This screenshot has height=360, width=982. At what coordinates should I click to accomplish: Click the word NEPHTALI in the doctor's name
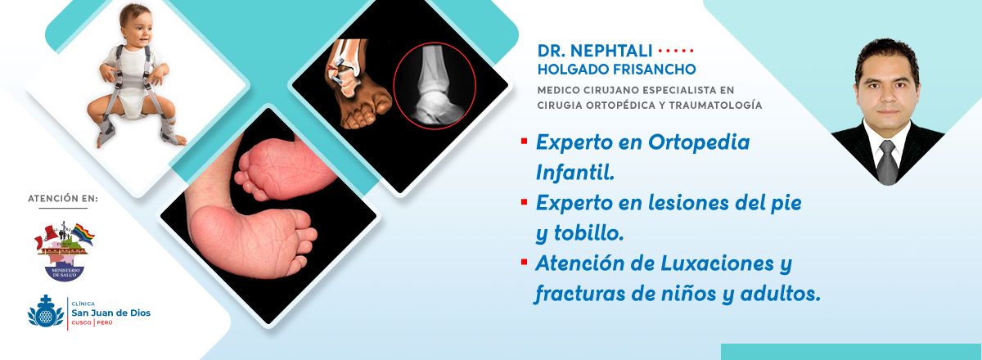click(611, 51)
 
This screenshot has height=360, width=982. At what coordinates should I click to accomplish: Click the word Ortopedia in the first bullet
click(699, 142)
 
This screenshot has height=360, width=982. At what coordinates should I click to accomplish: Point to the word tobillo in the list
click(588, 233)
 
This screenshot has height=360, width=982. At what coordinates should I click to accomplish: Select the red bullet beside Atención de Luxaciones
click(524, 262)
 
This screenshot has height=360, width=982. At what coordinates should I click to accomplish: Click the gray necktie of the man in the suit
click(888, 162)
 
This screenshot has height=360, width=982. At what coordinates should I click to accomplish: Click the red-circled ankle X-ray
click(435, 86)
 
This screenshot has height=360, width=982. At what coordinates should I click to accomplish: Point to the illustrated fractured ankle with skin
click(358, 83)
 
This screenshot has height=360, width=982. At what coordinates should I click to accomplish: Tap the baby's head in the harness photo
click(136, 26)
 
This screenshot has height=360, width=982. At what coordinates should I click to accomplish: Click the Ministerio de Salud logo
click(65, 251)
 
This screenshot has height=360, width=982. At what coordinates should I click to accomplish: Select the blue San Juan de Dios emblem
click(46, 312)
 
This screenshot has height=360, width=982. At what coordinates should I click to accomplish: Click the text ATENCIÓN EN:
click(63, 199)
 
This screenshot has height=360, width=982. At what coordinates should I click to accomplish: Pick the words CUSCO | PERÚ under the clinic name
click(92, 322)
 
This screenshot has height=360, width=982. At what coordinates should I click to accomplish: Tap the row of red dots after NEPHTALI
click(676, 52)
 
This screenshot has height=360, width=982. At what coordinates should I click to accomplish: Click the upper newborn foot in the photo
click(285, 169)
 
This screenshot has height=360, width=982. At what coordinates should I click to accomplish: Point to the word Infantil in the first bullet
click(574, 173)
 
